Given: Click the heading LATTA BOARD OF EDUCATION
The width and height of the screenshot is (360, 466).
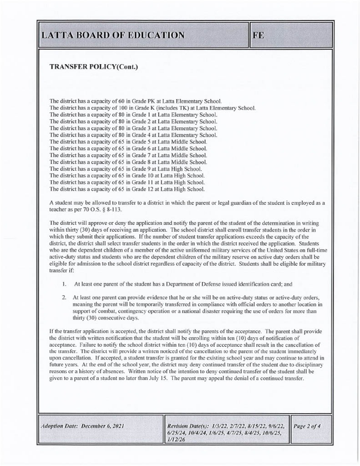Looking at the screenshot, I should tap(113, 35).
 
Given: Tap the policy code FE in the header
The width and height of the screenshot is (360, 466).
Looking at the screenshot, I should tap(258, 35).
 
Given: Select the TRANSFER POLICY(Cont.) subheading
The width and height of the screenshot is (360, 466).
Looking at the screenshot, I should tap(93, 67).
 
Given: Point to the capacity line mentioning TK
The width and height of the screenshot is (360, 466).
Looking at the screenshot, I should tap(152, 108).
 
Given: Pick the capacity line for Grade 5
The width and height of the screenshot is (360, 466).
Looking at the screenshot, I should tap(128, 142).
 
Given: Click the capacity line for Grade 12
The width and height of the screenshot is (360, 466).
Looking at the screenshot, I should tap(127, 189).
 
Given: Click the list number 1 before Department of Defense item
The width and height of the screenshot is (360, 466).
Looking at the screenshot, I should tap(65, 284).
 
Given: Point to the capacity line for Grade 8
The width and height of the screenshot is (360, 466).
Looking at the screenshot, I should tap(128, 162).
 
